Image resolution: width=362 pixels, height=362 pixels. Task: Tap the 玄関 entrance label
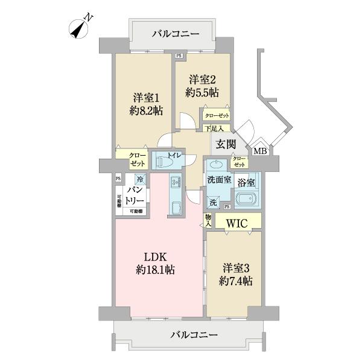coord(226,145)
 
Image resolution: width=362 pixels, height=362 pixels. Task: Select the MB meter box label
coord(260,151)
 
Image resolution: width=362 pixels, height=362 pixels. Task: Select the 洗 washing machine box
coord(213,203)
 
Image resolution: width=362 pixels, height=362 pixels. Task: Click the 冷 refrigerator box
coord(139,179)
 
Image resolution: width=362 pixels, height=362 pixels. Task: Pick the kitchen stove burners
coord(174,182)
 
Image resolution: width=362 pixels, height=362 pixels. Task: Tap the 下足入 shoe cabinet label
coord(214,129)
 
